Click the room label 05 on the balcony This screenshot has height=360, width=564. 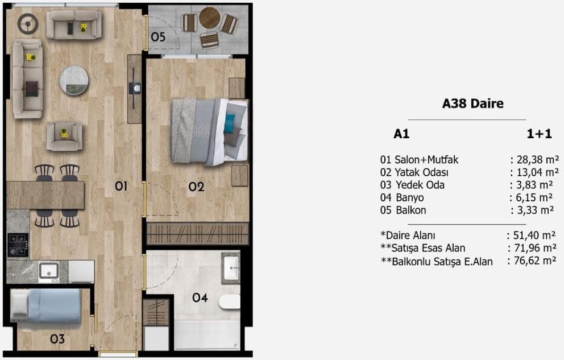[158, 37]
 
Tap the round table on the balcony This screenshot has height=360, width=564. [210, 18]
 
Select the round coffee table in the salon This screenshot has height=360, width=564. [74, 80]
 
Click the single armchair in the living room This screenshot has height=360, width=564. [64, 136]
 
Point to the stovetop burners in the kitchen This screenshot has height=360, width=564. [18, 245]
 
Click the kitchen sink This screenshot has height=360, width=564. [49, 271]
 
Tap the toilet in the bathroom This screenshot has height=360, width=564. [229, 301]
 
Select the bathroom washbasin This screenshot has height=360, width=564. [231, 268]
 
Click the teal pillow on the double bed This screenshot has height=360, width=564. [229, 123]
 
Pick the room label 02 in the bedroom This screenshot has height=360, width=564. [196, 187]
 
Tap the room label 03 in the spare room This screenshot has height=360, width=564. [57, 339]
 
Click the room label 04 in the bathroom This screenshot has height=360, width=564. [200, 297]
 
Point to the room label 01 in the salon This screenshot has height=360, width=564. [121, 186]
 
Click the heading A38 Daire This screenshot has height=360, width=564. [472, 104]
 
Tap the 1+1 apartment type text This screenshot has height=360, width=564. [539, 134]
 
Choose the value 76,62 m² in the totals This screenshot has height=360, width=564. [535, 260]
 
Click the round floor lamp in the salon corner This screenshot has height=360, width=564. [27, 24]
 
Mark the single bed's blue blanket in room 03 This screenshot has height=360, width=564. [54, 305]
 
